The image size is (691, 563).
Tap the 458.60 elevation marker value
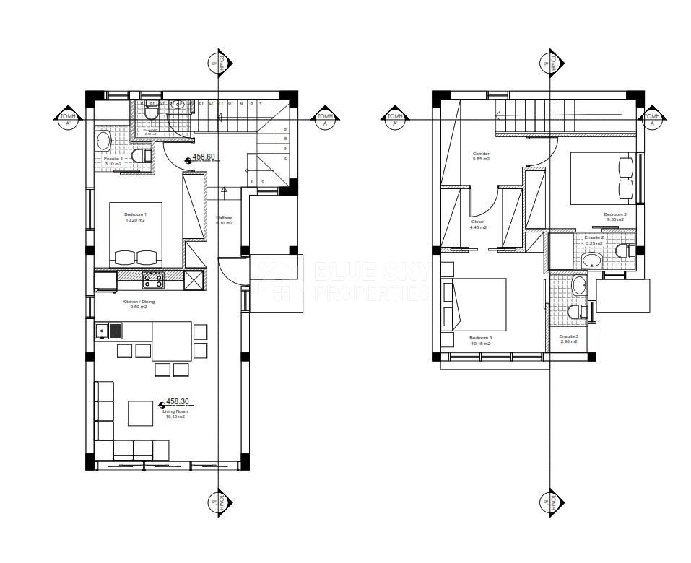[203, 157]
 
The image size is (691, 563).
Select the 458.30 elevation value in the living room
[178, 401]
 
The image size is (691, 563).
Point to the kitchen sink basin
[102, 331]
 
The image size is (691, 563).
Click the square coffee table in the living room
[140, 413]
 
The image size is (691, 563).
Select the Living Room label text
[175, 414]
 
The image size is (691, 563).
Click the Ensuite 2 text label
[594, 238]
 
